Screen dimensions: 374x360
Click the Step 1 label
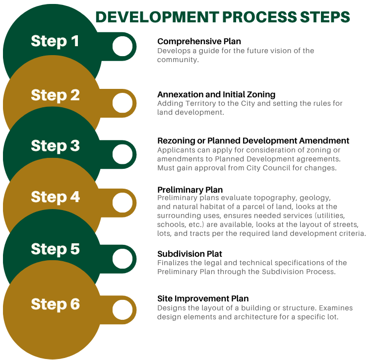click(x=55, y=41)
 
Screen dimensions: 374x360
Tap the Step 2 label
click(x=55, y=95)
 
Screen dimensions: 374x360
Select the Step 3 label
click(x=55, y=146)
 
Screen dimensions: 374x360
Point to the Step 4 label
click(x=56, y=197)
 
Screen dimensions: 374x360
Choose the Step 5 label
click(x=55, y=249)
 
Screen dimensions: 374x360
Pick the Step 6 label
click(x=56, y=304)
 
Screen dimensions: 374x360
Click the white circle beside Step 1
click(x=123, y=46)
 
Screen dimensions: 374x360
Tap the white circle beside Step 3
click(x=123, y=154)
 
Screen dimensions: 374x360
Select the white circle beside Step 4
click(x=123, y=203)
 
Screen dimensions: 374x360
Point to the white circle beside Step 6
click(x=123, y=310)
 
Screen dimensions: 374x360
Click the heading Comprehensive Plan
click(x=199, y=42)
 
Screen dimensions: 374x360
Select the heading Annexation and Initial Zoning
click(x=216, y=94)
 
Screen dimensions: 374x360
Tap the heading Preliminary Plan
click(x=190, y=190)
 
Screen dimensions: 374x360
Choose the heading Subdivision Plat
click(x=189, y=254)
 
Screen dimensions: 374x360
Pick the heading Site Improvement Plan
click(x=203, y=298)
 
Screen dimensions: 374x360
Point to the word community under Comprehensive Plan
click(x=178, y=60)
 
